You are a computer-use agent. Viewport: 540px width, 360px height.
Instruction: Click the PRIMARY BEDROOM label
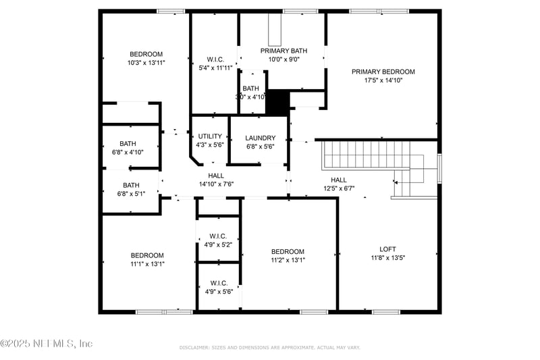383,72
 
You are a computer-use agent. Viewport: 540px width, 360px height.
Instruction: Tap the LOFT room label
388,248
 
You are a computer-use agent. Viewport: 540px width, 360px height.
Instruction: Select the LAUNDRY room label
260,138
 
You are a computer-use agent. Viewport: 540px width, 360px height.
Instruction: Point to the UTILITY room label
210,136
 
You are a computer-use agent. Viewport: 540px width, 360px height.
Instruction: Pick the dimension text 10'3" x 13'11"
146,62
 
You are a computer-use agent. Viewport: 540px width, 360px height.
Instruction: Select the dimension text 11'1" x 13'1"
147,264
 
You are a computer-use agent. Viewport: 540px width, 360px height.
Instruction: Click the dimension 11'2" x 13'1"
288,260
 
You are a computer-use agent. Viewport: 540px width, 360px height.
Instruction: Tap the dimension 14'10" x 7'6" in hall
216,184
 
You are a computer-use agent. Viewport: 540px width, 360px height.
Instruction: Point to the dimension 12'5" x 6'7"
338,188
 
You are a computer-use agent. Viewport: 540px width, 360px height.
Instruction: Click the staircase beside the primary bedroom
368,155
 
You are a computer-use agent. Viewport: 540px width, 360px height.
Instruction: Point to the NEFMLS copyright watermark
47,344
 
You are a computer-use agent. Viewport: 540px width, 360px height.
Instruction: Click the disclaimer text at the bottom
270,347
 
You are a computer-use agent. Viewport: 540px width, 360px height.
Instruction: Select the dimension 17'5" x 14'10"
383,80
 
